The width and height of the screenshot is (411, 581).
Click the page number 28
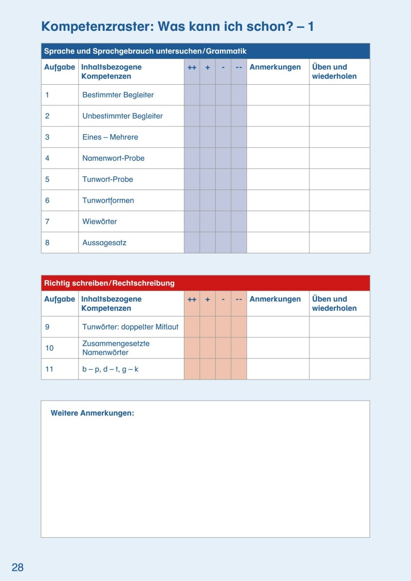[x=17, y=568]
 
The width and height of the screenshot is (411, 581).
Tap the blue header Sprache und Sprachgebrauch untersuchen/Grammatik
[x=145, y=51]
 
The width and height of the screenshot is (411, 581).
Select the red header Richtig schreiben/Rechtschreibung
[x=109, y=283]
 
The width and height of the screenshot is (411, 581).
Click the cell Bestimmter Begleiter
[x=118, y=95]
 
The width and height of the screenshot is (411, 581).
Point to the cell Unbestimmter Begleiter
[x=122, y=116]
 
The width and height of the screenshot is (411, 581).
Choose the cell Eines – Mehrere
[x=110, y=137]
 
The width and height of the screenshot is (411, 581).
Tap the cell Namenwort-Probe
[x=113, y=158]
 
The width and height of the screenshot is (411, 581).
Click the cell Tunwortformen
[x=108, y=200]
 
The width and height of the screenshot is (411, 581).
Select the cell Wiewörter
[x=100, y=221]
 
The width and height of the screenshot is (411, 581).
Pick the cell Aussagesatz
[x=104, y=242]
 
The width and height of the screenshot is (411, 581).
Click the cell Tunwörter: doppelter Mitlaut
[x=130, y=327]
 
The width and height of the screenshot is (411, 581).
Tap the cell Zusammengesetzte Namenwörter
[x=116, y=348]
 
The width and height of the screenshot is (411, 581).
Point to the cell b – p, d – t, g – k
[x=110, y=369]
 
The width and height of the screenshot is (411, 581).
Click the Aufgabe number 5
[x=47, y=179]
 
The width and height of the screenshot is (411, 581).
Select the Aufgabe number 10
[x=49, y=348]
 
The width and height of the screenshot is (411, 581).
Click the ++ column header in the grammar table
[x=192, y=67]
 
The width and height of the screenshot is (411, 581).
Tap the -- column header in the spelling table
[x=239, y=299]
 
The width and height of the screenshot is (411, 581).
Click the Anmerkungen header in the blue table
[x=275, y=67]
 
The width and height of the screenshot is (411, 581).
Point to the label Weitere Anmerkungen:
[x=92, y=413]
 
